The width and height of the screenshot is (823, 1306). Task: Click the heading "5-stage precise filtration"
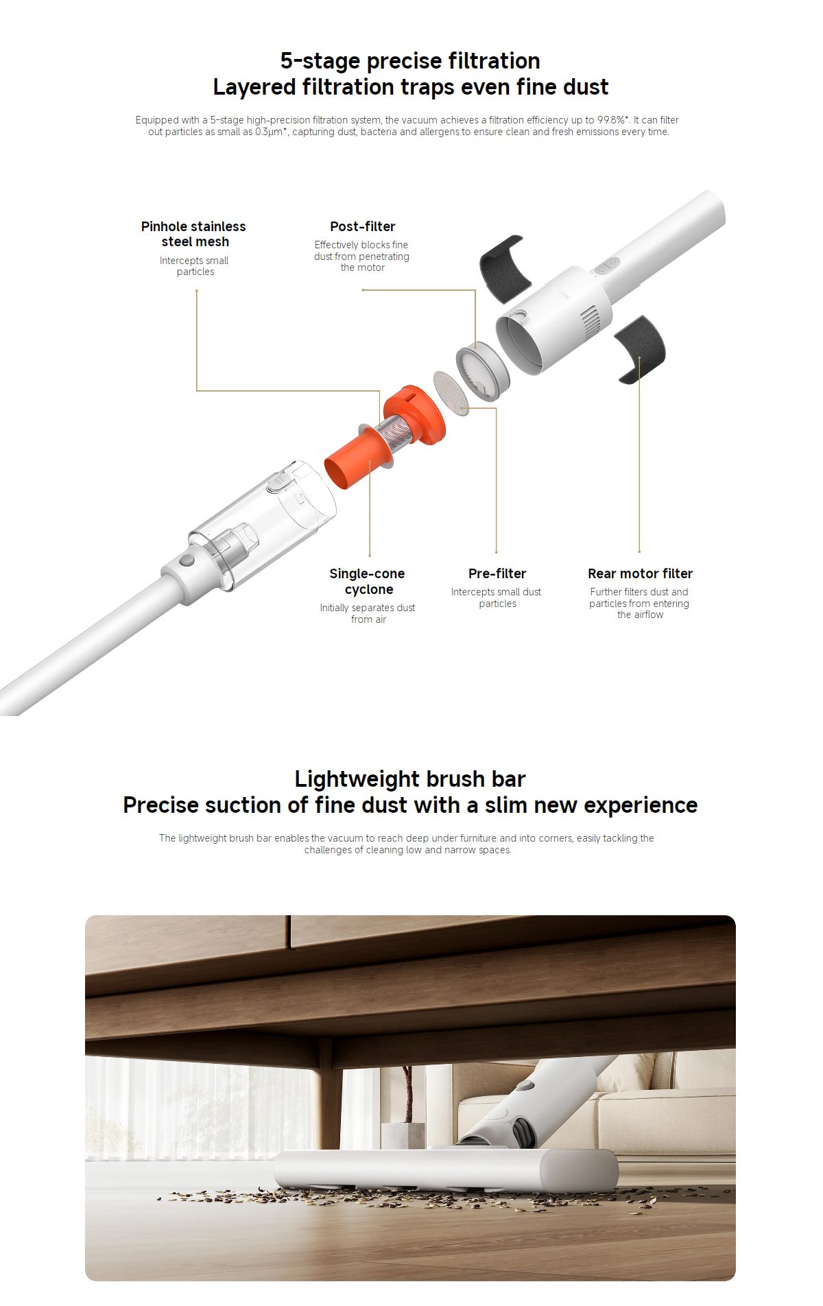[x=410, y=61]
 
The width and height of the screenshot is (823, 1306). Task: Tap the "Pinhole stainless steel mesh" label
[x=194, y=234]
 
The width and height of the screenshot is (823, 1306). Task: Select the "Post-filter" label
[x=363, y=226]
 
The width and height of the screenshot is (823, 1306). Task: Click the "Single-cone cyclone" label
[x=368, y=581]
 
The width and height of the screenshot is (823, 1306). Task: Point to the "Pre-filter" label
[x=497, y=573]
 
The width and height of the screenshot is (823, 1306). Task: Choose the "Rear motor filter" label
[x=640, y=573]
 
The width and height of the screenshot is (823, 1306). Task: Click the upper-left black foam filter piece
[x=505, y=268]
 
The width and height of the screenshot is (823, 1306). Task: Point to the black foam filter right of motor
[x=639, y=349]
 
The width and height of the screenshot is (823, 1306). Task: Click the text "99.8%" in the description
[x=611, y=120]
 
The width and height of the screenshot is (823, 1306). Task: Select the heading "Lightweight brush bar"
[x=410, y=779]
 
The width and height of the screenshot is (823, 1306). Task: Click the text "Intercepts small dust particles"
[x=497, y=597]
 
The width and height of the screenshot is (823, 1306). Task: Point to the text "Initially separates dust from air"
[x=368, y=613]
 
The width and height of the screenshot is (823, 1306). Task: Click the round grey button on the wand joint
[x=187, y=560]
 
